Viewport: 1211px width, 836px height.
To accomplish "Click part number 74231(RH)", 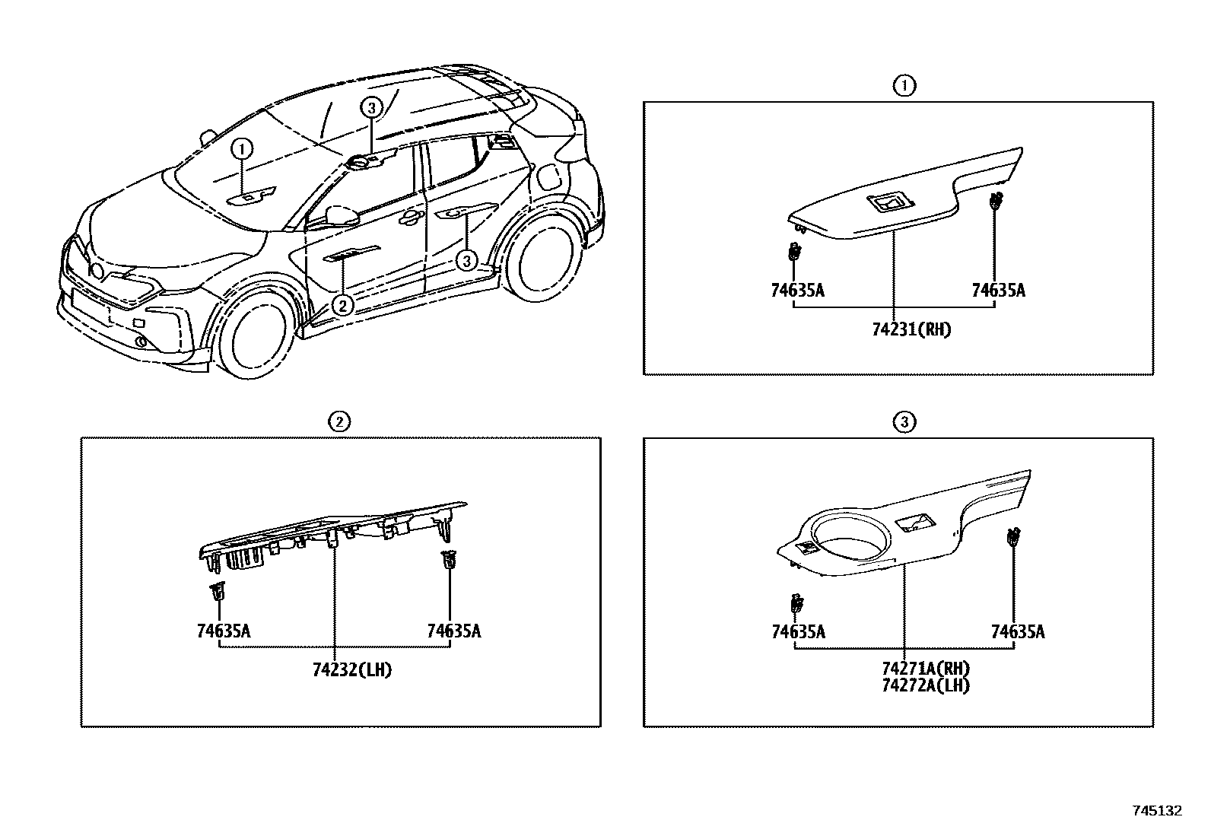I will [911, 330].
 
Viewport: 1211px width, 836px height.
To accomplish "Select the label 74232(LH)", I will [351, 670].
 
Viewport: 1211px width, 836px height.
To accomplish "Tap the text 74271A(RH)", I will [926, 669].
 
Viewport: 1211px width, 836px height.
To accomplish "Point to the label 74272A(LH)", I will [926, 685].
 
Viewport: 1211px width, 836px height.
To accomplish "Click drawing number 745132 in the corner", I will [1158, 811].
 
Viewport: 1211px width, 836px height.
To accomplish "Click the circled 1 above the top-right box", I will [904, 86].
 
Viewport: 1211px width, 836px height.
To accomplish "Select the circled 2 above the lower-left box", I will [339, 421].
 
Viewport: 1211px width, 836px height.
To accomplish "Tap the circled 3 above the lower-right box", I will [904, 421].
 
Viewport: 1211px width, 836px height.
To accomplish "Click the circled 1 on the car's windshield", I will [242, 149].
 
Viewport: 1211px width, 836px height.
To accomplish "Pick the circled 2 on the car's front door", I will [343, 305].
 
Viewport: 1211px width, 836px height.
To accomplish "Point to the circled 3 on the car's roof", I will [370, 108].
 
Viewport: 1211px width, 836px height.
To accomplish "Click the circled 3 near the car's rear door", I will [467, 262].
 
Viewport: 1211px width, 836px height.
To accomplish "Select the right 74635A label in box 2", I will [453, 631].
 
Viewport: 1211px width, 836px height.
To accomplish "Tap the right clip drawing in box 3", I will [1014, 538].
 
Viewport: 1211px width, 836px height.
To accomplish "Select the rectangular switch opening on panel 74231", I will [888, 203].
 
